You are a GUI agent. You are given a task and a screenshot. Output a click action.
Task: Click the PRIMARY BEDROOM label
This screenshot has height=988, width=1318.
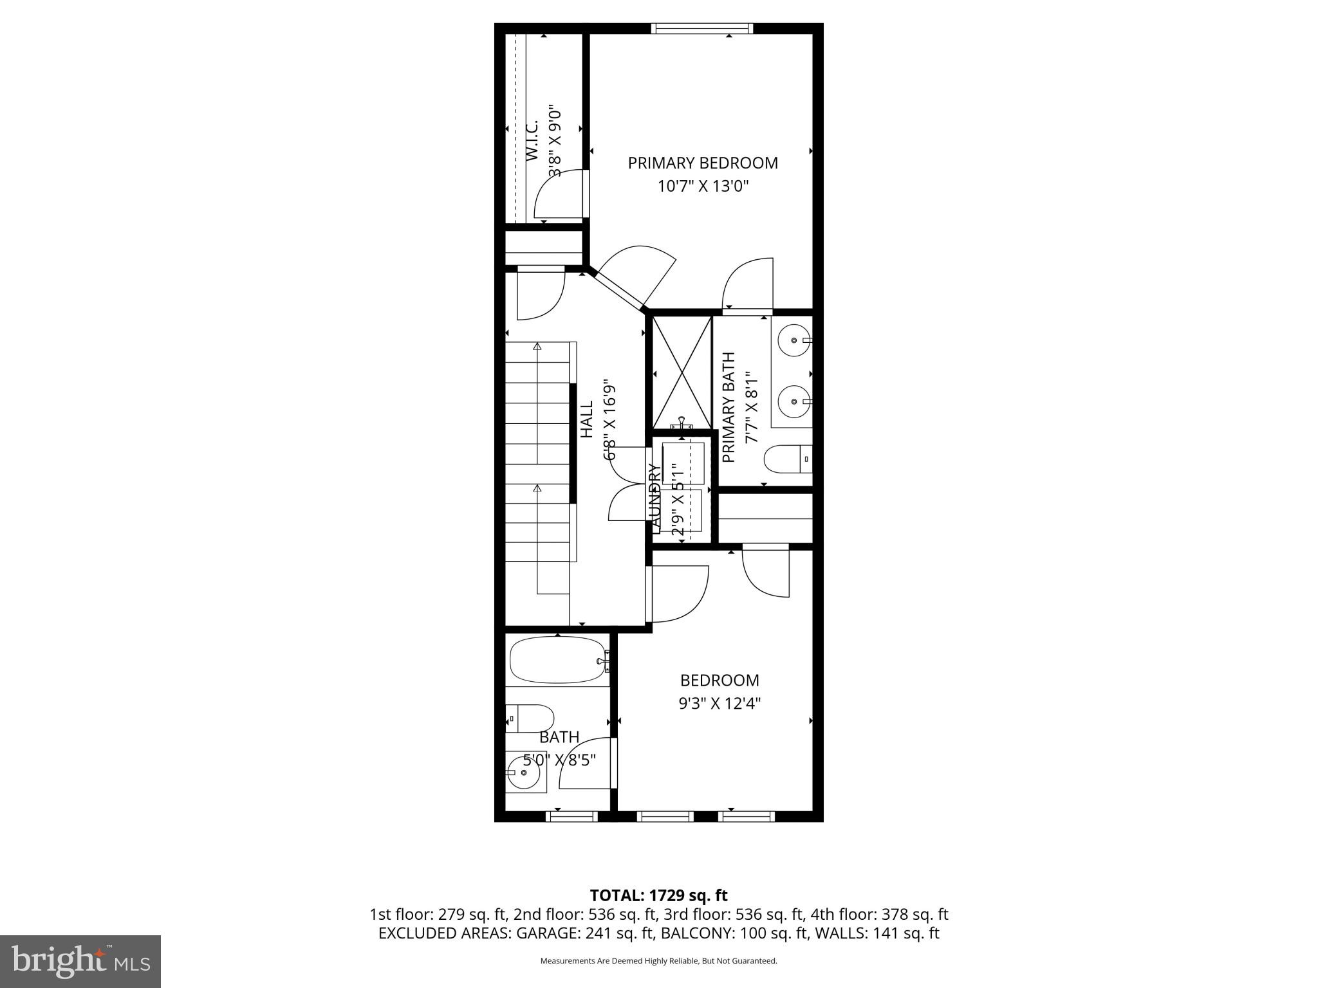703,163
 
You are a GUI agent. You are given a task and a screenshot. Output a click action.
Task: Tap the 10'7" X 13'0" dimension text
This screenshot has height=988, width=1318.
703,187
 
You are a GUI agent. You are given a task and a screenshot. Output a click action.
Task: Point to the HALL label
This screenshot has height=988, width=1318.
587,419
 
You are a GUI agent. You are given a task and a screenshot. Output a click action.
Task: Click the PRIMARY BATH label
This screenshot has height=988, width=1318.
729,407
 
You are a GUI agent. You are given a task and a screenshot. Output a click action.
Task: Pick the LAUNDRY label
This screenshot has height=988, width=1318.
655,499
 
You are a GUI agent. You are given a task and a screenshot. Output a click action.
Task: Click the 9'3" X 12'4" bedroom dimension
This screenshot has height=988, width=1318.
719,704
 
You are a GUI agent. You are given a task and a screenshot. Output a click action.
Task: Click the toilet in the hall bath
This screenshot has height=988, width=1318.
530,718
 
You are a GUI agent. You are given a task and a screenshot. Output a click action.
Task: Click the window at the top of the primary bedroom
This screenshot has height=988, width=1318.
701,28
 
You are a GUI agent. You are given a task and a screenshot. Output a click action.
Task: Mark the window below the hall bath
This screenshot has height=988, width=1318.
571,816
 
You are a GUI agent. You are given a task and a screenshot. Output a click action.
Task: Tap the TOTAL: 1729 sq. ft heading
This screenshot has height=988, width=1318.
658,895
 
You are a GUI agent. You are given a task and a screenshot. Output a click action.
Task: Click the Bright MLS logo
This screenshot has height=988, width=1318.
80,961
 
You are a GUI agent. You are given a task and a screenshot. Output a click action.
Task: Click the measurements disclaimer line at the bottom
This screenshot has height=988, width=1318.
658,961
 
